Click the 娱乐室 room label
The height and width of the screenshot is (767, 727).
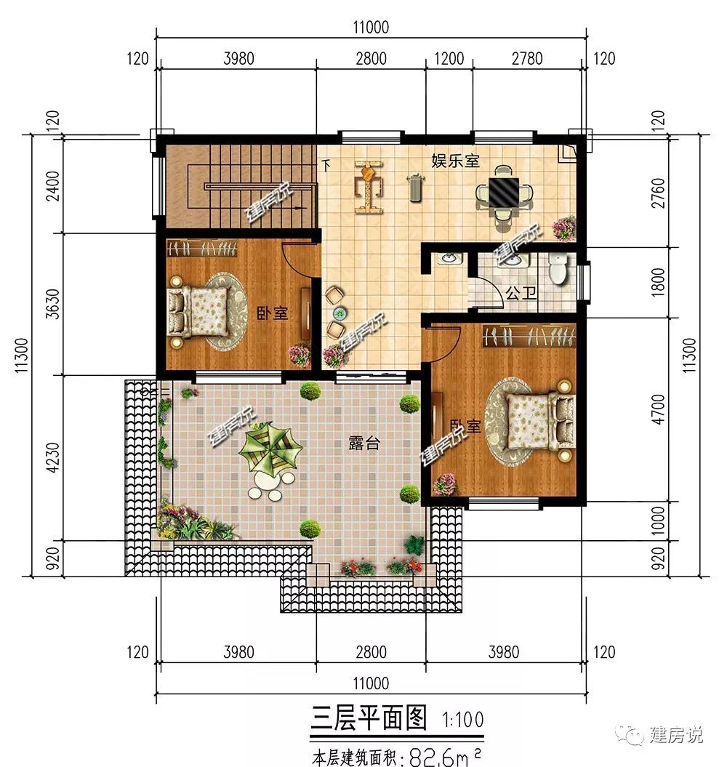(455, 161)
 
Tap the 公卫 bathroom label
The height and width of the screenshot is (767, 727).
(521, 293)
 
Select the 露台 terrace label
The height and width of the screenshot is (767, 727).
(364, 443)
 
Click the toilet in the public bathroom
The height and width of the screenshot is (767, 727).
(558, 268)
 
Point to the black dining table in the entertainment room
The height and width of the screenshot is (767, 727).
(504, 192)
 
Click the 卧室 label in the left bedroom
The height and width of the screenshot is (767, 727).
(273, 313)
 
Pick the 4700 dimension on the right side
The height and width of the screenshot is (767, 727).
(659, 409)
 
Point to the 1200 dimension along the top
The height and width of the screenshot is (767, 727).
(449, 59)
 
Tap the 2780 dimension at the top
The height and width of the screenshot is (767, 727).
(527, 59)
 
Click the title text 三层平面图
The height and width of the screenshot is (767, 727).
(369, 718)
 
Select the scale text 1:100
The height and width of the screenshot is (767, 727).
(463, 720)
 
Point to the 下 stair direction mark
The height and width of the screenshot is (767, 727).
(326, 165)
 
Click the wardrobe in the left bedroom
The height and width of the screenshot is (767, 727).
(202, 248)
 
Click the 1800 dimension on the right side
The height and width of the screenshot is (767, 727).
(659, 281)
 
